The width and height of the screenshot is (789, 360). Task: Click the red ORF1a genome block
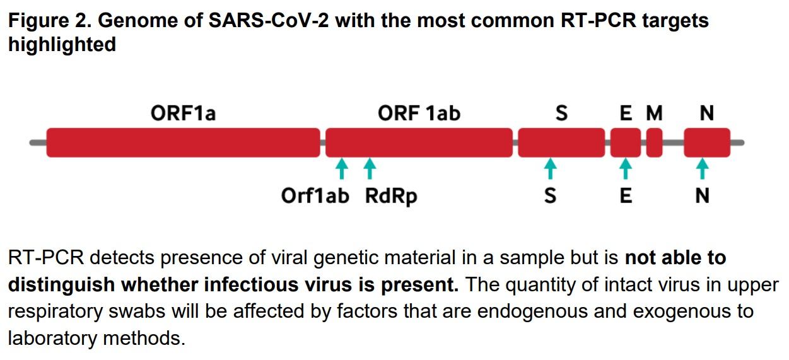(x=183, y=142)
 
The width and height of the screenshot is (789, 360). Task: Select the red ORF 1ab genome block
(x=419, y=142)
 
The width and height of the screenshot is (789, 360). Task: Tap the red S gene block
(x=561, y=142)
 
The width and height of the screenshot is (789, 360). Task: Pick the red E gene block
(x=626, y=142)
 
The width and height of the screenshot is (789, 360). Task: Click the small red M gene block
(x=654, y=142)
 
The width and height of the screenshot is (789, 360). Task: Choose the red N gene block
(x=707, y=142)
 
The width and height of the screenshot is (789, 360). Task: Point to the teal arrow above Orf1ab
(x=341, y=169)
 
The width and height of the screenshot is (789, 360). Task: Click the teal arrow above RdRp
(x=370, y=169)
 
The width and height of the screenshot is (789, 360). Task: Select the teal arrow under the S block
(x=551, y=169)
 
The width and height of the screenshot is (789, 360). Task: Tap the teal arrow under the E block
(x=626, y=169)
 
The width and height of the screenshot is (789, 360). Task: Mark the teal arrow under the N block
(x=703, y=169)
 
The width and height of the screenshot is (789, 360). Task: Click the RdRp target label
(x=391, y=196)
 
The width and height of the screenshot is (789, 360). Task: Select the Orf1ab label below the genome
(x=315, y=195)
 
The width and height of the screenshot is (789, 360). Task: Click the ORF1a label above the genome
(x=183, y=113)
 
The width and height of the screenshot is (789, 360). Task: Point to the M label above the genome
(x=655, y=113)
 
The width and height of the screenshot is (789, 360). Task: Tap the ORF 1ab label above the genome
(x=419, y=113)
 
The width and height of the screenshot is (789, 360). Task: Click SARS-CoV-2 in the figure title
(x=269, y=20)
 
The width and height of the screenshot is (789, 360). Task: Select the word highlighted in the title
(x=62, y=45)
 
